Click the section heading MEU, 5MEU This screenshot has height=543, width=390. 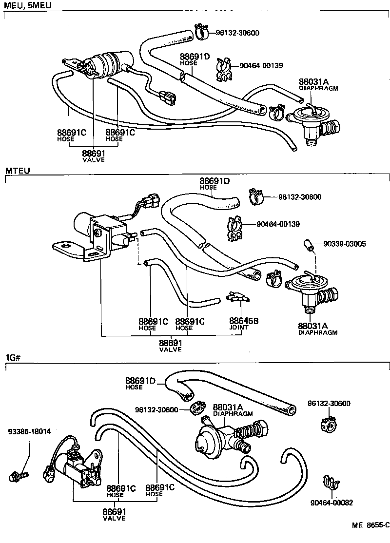tap(27, 5)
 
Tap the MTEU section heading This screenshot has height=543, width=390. tap(18, 171)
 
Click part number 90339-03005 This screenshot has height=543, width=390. tap(344, 243)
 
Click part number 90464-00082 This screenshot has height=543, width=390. tap(331, 503)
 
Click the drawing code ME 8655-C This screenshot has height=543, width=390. tap(371, 525)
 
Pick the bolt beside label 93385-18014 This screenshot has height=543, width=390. tap(19, 473)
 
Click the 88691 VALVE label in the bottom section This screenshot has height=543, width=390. tap(114, 514)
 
